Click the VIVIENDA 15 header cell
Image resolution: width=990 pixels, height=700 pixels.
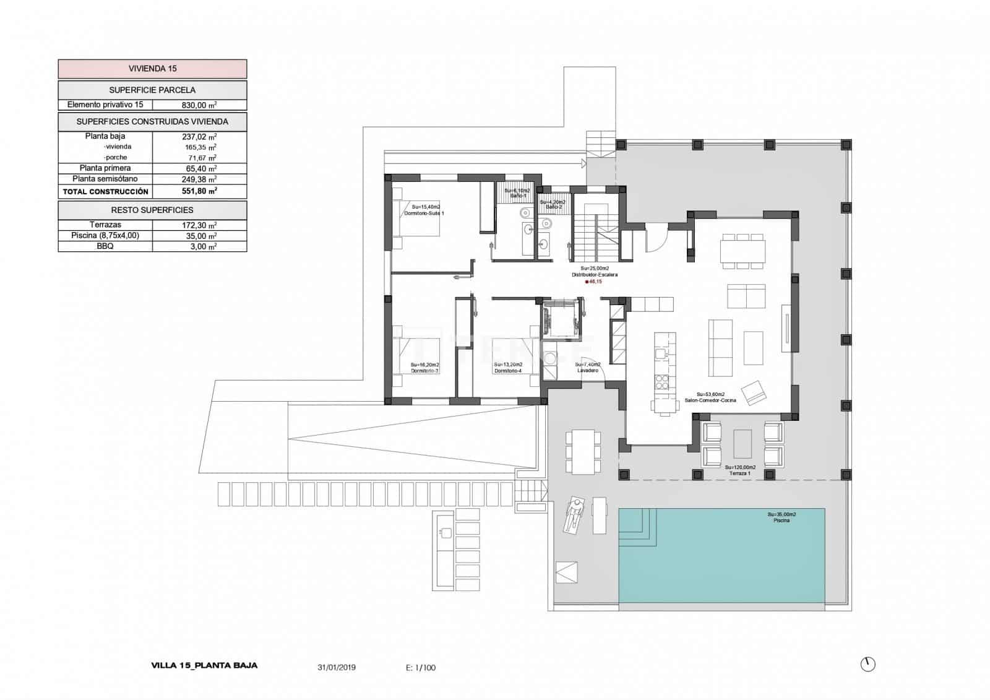pos(152,69)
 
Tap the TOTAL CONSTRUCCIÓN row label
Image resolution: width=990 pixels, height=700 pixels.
pos(105,192)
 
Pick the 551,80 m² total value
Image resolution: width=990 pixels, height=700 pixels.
pos(199,192)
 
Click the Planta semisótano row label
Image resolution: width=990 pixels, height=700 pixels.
pos(105,179)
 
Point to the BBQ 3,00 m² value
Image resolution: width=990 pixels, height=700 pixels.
pos(199,246)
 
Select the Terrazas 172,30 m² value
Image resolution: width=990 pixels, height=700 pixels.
pos(199,225)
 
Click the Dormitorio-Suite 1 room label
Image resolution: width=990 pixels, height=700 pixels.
pos(424,213)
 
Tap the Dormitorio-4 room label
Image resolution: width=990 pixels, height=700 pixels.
pos(508,371)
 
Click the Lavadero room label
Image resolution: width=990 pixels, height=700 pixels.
pos(588,370)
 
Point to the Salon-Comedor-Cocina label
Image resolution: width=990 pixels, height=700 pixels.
pos(710,400)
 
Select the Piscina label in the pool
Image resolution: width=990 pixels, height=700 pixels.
pos(781,521)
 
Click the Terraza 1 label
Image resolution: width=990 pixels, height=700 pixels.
pos(740,473)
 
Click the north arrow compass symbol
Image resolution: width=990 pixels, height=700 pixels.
pos(868,664)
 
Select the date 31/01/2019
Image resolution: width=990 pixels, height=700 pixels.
pos(337,668)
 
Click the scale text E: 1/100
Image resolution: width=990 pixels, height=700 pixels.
pos(421,668)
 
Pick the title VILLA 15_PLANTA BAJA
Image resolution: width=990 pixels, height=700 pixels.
pos(204,666)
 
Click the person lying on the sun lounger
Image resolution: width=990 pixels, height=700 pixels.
pos(575,515)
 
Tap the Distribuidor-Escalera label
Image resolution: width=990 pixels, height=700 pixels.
pos(595,275)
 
